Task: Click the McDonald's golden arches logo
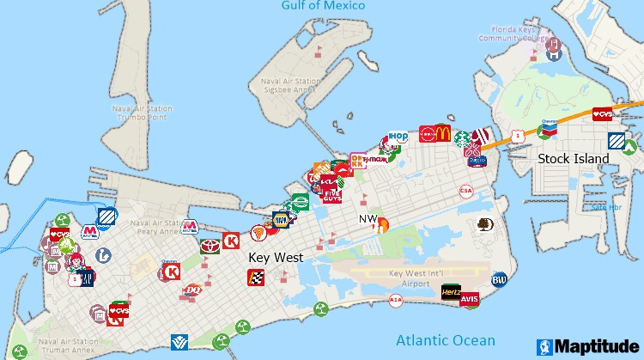(x=442, y=133)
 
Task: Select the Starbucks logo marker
(x=463, y=137)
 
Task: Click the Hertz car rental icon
(x=451, y=293)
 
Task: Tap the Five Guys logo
(x=331, y=195)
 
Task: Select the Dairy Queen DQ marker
(x=193, y=291)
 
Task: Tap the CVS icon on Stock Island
(x=604, y=114)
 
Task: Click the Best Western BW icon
(x=499, y=279)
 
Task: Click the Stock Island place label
(x=573, y=158)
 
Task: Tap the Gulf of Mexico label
(x=323, y=6)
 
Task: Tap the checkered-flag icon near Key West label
(x=256, y=276)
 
